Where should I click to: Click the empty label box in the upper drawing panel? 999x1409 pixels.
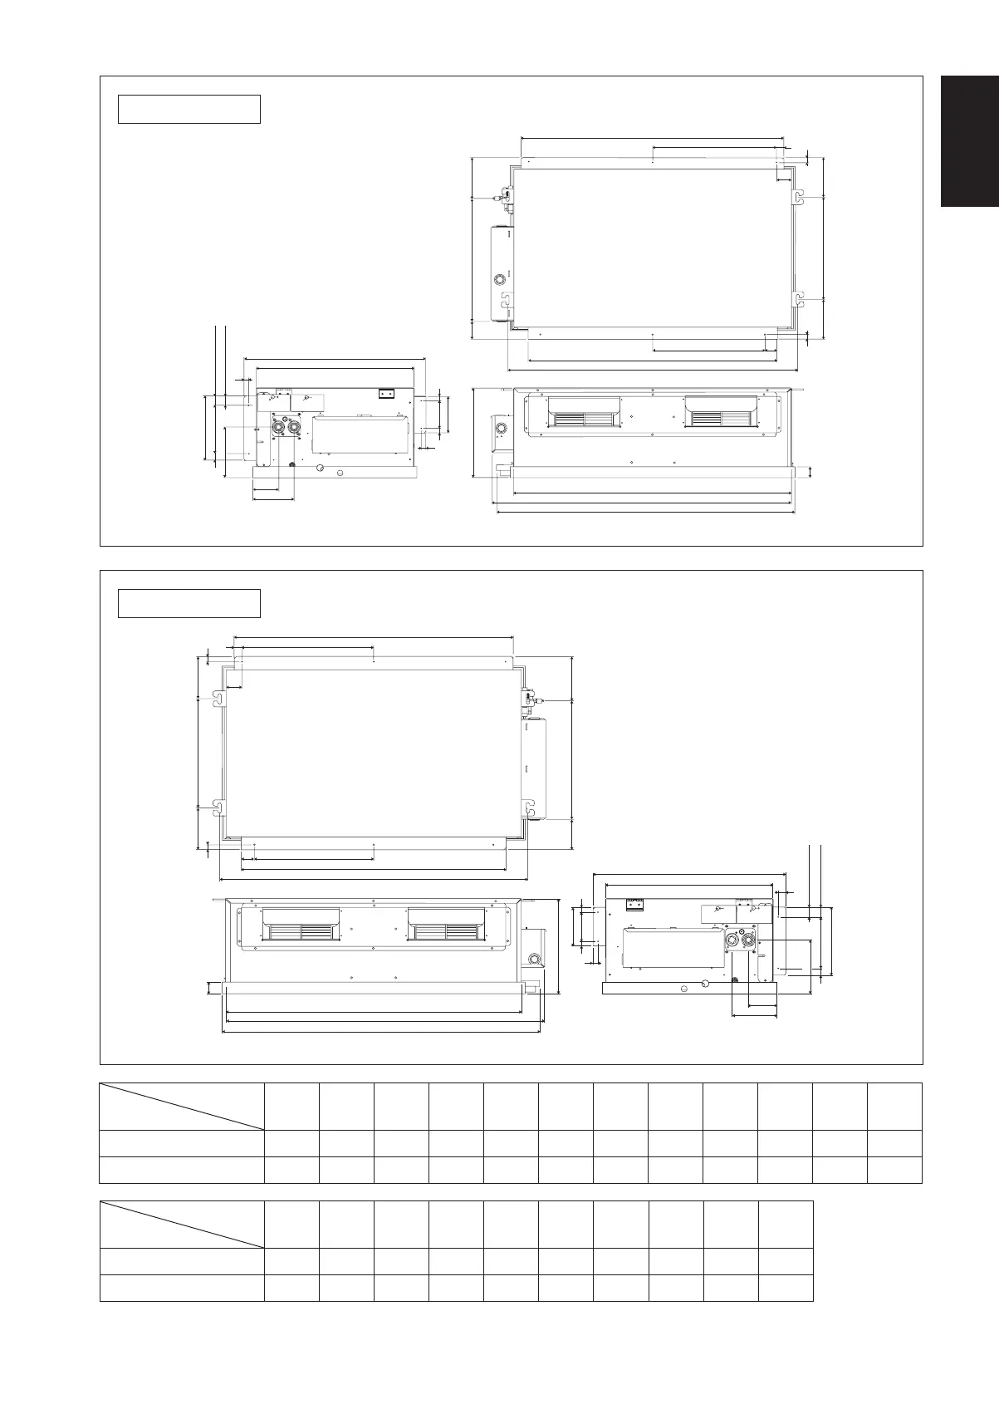pos(189,109)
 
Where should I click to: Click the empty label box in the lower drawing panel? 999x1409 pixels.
pos(189,603)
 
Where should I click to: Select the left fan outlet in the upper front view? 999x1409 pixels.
pos(584,413)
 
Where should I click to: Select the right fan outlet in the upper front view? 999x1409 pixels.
pos(721,413)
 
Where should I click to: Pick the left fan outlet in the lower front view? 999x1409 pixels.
pos(301,924)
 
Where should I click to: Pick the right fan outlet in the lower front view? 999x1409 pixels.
pos(445,924)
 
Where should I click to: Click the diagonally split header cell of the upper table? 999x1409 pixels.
pos(182,1106)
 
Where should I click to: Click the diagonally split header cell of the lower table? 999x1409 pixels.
pos(182,1224)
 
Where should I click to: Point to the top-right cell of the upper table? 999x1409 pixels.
pos(894,1106)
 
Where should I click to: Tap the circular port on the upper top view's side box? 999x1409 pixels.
pos(500,279)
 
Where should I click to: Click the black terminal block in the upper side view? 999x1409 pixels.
pos(386,393)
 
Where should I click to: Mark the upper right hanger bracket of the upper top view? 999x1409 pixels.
pos(797,196)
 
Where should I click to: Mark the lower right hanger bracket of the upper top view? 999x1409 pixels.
pos(797,297)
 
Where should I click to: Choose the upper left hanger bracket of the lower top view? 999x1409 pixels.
pos(219,700)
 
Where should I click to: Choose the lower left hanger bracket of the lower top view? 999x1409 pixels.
pos(219,806)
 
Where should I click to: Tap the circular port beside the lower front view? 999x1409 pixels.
pos(533,960)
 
